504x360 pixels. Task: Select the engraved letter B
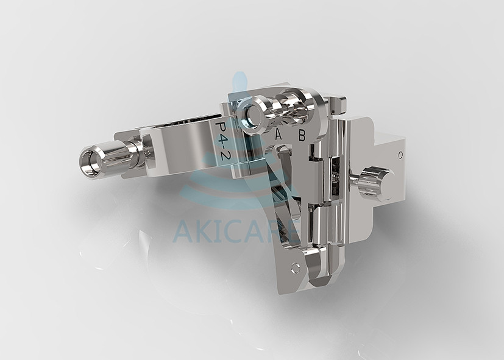302,135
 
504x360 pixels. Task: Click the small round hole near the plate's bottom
296,266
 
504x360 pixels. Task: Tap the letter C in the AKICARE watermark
235,230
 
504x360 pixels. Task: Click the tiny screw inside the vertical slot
336,177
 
